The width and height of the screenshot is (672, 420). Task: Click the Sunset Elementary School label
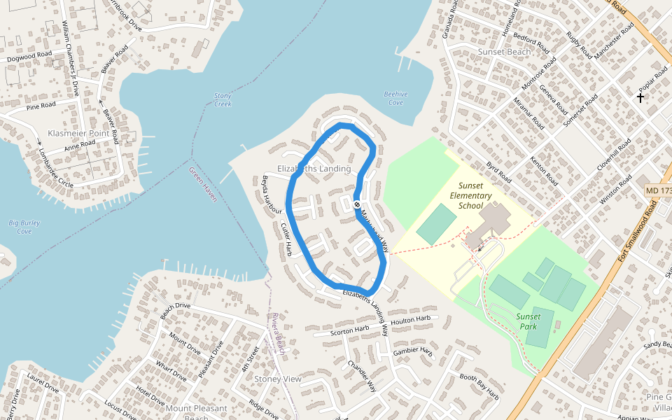475,196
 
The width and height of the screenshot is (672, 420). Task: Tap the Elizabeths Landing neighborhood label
314,169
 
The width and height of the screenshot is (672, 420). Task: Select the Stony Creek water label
223,99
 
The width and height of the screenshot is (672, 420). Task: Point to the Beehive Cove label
395,98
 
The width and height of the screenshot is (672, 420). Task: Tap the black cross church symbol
640,98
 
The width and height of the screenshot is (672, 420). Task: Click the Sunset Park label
528,321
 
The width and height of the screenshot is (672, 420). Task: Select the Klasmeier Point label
78,133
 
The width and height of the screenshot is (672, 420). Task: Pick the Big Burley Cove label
24,227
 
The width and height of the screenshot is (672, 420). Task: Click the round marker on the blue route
357,204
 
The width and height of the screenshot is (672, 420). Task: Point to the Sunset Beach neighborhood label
504,52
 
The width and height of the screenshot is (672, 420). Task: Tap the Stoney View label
278,379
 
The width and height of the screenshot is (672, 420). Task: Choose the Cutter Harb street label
286,239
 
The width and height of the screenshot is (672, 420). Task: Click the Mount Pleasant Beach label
197,412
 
